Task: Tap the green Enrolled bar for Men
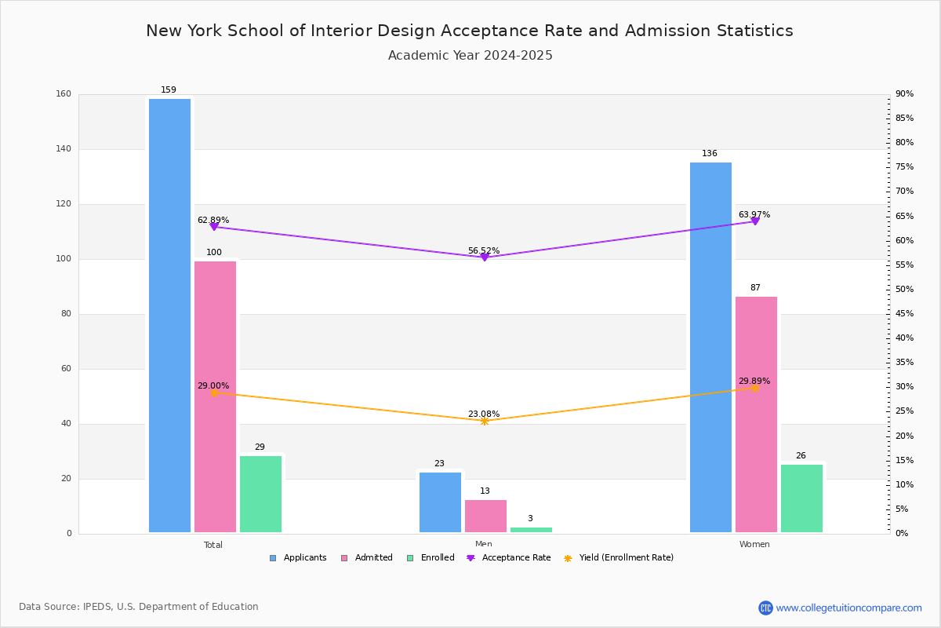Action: (x=531, y=530)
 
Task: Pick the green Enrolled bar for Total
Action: (x=260, y=494)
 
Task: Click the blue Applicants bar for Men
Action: (x=440, y=502)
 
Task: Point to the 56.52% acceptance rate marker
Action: (x=484, y=257)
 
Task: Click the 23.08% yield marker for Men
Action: (x=484, y=422)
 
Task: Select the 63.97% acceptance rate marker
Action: (x=755, y=221)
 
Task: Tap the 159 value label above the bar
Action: (x=169, y=90)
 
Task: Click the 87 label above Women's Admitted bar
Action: (x=755, y=288)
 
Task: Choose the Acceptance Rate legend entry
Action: (x=509, y=558)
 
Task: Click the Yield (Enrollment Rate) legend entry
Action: (x=619, y=558)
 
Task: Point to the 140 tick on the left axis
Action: (x=64, y=149)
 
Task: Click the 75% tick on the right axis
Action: (x=905, y=167)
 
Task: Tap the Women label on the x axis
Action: (x=754, y=545)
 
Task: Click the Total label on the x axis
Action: (x=213, y=545)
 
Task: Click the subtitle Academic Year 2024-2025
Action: (x=470, y=56)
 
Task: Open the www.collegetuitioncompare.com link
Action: (x=848, y=608)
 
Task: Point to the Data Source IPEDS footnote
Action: (x=139, y=607)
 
